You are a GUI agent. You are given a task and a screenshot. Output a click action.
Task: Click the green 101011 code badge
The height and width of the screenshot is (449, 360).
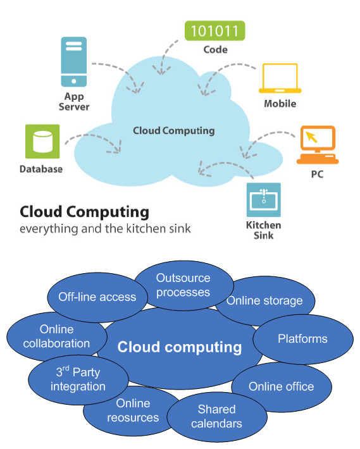(x=214, y=30)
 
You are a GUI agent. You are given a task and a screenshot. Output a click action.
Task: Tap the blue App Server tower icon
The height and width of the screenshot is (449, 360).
(x=74, y=61)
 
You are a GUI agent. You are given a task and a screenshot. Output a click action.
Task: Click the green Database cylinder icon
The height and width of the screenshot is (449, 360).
(x=42, y=141)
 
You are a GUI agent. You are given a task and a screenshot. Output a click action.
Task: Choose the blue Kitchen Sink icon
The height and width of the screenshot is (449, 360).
(x=263, y=200)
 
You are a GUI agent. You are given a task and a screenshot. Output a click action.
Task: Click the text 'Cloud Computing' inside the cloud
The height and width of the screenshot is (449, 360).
(x=173, y=131)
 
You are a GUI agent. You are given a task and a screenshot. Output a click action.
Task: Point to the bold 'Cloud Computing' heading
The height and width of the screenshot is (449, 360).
(x=84, y=211)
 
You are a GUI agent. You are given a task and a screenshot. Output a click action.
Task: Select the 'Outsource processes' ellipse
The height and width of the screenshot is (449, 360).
(x=183, y=285)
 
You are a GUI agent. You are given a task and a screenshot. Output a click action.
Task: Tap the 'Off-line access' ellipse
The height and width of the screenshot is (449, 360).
(x=97, y=297)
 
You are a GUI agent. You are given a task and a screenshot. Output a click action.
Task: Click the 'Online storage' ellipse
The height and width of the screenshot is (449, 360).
(x=264, y=300)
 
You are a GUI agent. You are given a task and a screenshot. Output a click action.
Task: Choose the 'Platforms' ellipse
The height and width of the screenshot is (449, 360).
(x=302, y=339)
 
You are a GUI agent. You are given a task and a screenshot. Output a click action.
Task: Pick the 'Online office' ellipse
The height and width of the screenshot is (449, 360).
(x=281, y=386)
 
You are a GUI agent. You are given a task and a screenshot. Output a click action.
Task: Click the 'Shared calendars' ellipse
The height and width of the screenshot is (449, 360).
(x=216, y=416)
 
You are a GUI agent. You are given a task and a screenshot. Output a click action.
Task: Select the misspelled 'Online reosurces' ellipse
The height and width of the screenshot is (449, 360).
(x=133, y=410)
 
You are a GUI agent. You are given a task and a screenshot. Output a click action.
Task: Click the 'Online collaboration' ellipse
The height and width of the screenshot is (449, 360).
(x=56, y=336)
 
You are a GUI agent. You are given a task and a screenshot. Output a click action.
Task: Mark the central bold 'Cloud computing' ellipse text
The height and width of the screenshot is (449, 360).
(x=180, y=347)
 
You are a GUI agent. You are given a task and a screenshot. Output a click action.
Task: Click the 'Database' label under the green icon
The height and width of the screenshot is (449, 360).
(x=41, y=169)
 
